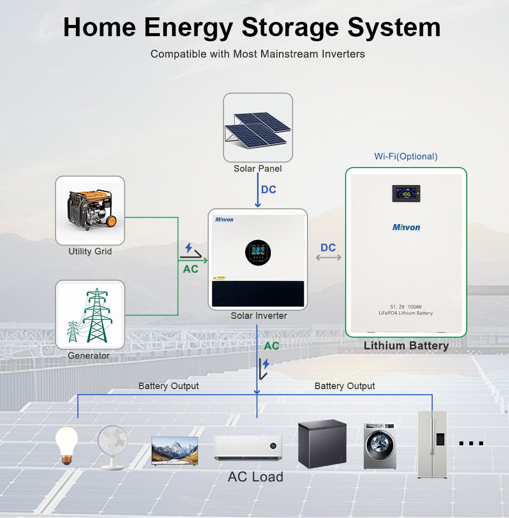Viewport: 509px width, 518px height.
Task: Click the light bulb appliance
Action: click(67, 446)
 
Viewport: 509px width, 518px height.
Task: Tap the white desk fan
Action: click(112, 447)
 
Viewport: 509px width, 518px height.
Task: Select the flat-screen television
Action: click(175, 451)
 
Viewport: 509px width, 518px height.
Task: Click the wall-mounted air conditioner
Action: click(248, 448)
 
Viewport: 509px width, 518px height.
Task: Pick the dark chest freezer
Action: click(322, 444)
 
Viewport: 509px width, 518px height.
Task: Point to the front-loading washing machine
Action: click(380, 446)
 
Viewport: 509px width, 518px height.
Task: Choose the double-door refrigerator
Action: click(432, 444)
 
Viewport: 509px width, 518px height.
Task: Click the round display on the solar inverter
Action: click(258, 253)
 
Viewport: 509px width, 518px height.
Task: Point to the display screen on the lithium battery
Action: click(406, 194)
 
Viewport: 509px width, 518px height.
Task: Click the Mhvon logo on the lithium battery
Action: click(406, 227)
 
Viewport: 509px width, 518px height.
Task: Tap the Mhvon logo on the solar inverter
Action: click(224, 220)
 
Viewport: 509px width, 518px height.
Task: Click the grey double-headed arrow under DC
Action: click(328, 257)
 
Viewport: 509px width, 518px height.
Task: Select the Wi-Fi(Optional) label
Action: click(406, 156)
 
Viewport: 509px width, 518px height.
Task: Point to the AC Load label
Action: click(256, 477)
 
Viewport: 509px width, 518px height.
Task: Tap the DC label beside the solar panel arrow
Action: click(268, 189)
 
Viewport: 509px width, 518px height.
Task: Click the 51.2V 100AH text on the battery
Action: click(406, 307)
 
